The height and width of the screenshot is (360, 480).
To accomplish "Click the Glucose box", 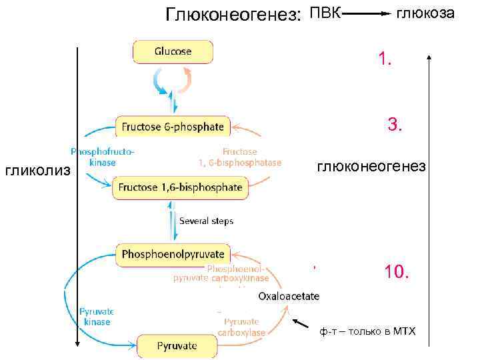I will (x=173, y=51).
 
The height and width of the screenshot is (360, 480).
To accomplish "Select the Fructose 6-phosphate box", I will (x=173, y=127).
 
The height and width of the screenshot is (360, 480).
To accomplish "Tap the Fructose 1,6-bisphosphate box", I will (x=180, y=188).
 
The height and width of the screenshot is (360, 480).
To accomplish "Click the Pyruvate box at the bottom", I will (x=177, y=346).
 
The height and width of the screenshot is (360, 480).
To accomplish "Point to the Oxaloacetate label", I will (x=289, y=296).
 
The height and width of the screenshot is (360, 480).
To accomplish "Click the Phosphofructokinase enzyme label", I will (x=102, y=157).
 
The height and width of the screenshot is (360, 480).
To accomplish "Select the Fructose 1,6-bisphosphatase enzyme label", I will (x=239, y=157).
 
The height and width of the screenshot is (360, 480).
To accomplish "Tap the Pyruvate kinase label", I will (x=97, y=316).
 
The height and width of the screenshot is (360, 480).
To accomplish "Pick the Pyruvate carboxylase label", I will (x=241, y=327).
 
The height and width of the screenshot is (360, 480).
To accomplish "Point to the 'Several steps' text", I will (x=207, y=221).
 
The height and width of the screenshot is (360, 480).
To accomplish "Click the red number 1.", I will (x=385, y=60).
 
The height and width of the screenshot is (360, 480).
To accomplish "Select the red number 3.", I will (x=395, y=124).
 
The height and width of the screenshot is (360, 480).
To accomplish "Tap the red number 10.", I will (x=397, y=272).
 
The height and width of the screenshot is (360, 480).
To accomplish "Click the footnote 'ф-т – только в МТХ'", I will (x=367, y=331).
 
